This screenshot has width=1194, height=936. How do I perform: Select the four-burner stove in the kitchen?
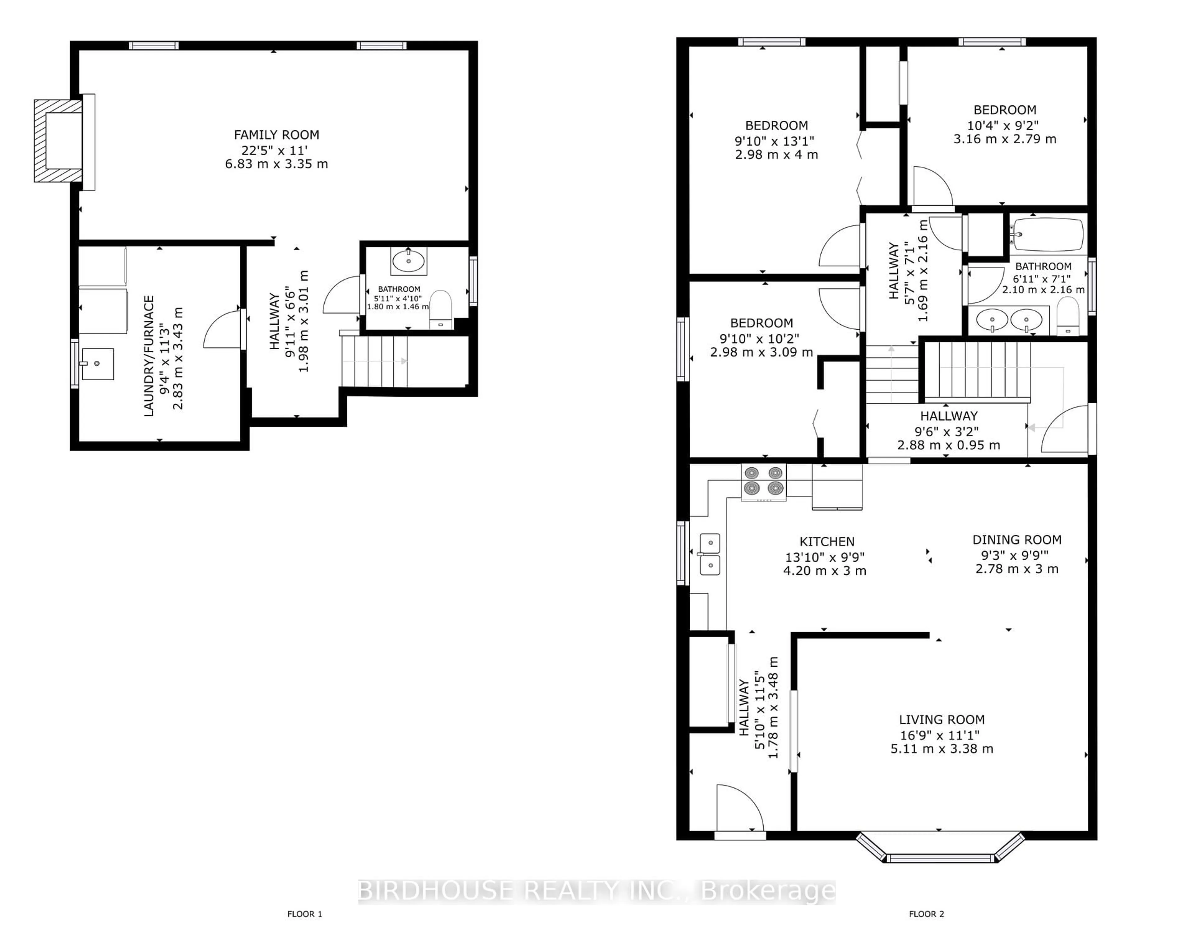[763, 482]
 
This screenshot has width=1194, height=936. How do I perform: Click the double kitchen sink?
[710, 554]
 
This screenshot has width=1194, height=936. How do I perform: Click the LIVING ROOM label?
[942, 720]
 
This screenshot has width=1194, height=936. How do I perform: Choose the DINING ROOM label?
[1017, 540]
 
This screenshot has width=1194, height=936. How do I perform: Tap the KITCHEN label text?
[827, 541]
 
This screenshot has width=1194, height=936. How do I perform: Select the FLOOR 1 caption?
[305, 914]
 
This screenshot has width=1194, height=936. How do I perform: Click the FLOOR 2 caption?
[927, 914]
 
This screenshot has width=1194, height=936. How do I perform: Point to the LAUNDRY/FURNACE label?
[149, 356]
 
